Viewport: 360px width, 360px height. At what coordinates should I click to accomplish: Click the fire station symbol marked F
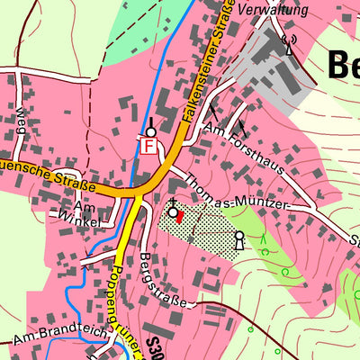[149, 145]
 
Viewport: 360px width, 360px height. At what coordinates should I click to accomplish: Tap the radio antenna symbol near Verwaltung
[289, 42]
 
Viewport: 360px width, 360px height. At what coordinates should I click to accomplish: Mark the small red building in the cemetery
[178, 215]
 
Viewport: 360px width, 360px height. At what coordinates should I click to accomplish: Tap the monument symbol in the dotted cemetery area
[239, 239]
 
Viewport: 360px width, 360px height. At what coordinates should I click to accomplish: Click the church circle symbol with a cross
[172, 211]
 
